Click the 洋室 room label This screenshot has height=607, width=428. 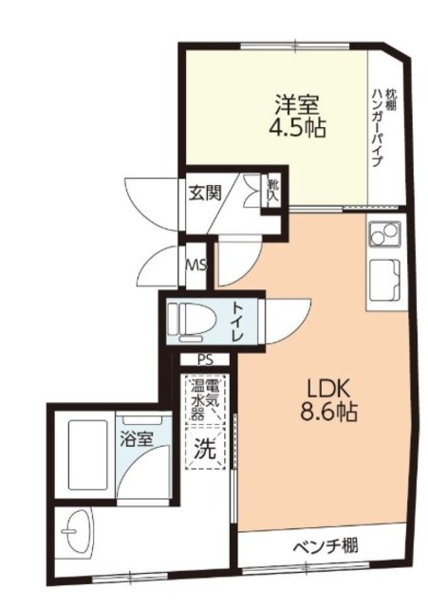(x=297, y=104)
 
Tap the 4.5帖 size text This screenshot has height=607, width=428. (x=297, y=128)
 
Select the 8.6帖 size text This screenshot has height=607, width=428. (x=328, y=412)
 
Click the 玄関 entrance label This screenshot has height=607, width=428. (x=205, y=193)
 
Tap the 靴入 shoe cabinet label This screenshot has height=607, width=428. (x=273, y=191)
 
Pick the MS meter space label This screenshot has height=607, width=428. (x=196, y=266)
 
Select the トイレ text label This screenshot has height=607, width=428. (x=236, y=321)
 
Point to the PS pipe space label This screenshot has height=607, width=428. (x=205, y=360)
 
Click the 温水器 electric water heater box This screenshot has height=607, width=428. (x=205, y=400)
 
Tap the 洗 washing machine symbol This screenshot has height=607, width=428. (x=205, y=448)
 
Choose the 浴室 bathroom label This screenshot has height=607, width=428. (x=137, y=439)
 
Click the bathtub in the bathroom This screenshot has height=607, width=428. (x=87, y=455)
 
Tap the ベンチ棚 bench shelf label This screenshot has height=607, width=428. (x=326, y=546)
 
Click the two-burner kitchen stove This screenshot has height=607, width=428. (x=384, y=234)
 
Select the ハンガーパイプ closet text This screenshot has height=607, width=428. (x=378, y=128)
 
